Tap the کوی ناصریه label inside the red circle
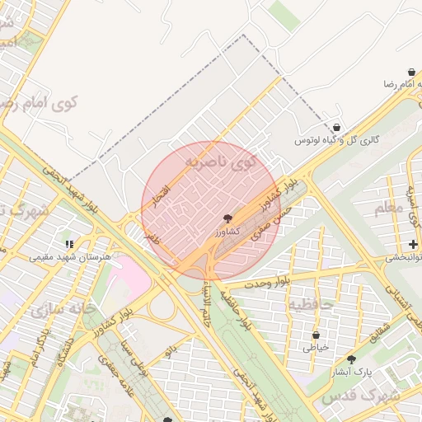(x=221, y=162)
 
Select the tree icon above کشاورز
(x=227, y=219)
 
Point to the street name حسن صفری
(x=275, y=223)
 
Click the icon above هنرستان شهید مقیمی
(x=70, y=244)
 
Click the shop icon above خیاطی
(x=315, y=335)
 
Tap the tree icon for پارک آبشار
(x=352, y=359)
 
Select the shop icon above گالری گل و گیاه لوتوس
(x=338, y=128)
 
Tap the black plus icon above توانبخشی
(x=413, y=244)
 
